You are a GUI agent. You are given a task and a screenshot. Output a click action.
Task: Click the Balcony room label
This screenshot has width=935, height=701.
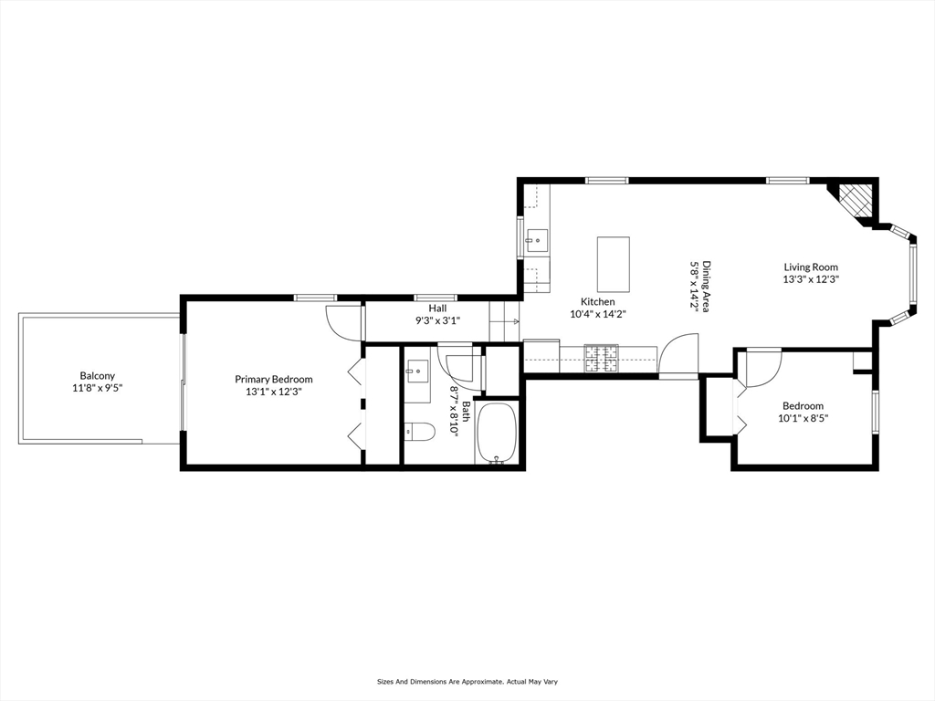click(97, 375)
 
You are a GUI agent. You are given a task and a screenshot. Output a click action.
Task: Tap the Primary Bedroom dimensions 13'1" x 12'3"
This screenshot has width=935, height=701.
click(274, 392)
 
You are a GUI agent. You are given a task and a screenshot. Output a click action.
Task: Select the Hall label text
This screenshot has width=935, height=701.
click(437, 309)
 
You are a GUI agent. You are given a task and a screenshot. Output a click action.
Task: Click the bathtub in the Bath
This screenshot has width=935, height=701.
click(497, 434)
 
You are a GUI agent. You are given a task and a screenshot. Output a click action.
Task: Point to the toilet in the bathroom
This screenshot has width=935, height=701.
click(420, 431)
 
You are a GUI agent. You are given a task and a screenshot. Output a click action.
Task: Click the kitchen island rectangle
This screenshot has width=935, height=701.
click(614, 264)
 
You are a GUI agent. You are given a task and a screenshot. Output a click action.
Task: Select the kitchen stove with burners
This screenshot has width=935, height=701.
click(600, 359)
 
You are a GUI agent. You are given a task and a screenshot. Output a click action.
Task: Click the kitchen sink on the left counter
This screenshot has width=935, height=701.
click(536, 242)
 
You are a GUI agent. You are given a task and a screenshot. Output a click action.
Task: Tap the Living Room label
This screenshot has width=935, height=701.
click(811, 267)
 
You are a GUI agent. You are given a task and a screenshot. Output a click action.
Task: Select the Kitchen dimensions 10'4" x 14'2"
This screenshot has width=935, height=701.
click(598, 314)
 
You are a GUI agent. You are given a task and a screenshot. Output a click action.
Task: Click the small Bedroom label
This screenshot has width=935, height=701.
click(803, 406)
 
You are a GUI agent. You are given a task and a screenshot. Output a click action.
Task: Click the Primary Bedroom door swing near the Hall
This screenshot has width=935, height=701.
click(343, 321)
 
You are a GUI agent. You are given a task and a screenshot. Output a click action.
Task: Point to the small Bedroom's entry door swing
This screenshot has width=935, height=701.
click(762, 367)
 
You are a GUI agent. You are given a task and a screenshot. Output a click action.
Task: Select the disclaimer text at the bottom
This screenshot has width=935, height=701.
click(467, 681)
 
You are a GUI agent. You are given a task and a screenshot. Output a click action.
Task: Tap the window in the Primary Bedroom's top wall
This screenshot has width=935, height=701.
click(315, 297)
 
